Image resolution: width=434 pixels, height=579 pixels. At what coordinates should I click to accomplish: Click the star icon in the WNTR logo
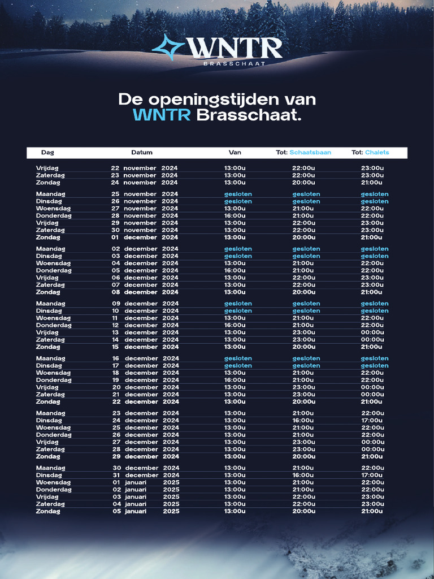click(x=168, y=47)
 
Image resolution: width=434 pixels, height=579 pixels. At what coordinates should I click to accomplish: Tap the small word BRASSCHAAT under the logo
click(x=234, y=64)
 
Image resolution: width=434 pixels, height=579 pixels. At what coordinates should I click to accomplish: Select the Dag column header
click(x=47, y=153)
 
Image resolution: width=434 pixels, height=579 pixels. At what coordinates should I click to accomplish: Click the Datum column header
click(x=142, y=153)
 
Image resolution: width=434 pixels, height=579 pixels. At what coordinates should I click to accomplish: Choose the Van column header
click(x=235, y=153)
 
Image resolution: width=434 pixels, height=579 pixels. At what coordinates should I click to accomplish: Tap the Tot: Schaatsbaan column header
click(x=303, y=153)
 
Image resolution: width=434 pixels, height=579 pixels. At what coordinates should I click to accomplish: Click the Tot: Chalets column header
click(x=370, y=153)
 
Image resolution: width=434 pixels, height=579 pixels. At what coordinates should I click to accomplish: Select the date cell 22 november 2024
click(x=144, y=168)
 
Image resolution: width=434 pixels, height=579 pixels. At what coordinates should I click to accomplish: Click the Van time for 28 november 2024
click(x=235, y=215)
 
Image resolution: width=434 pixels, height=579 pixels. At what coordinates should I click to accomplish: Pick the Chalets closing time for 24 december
click(x=372, y=421)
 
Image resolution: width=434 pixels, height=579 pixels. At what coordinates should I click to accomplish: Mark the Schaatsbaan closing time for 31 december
click(x=303, y=476)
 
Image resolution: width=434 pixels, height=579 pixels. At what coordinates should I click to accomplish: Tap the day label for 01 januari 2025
click(x=54, y=482)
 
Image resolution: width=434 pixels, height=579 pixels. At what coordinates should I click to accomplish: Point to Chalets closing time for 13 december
click(x=372, y=332)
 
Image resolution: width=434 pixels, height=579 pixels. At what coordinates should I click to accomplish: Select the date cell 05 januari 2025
click(x=146, y=511)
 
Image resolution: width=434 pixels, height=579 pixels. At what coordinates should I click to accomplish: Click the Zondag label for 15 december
click(x=48, y=347)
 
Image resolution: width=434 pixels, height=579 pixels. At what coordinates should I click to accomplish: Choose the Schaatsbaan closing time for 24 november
click(x=303, y=183)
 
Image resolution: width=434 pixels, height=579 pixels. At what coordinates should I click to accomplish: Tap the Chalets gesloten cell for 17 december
click(x=375, y=366)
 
